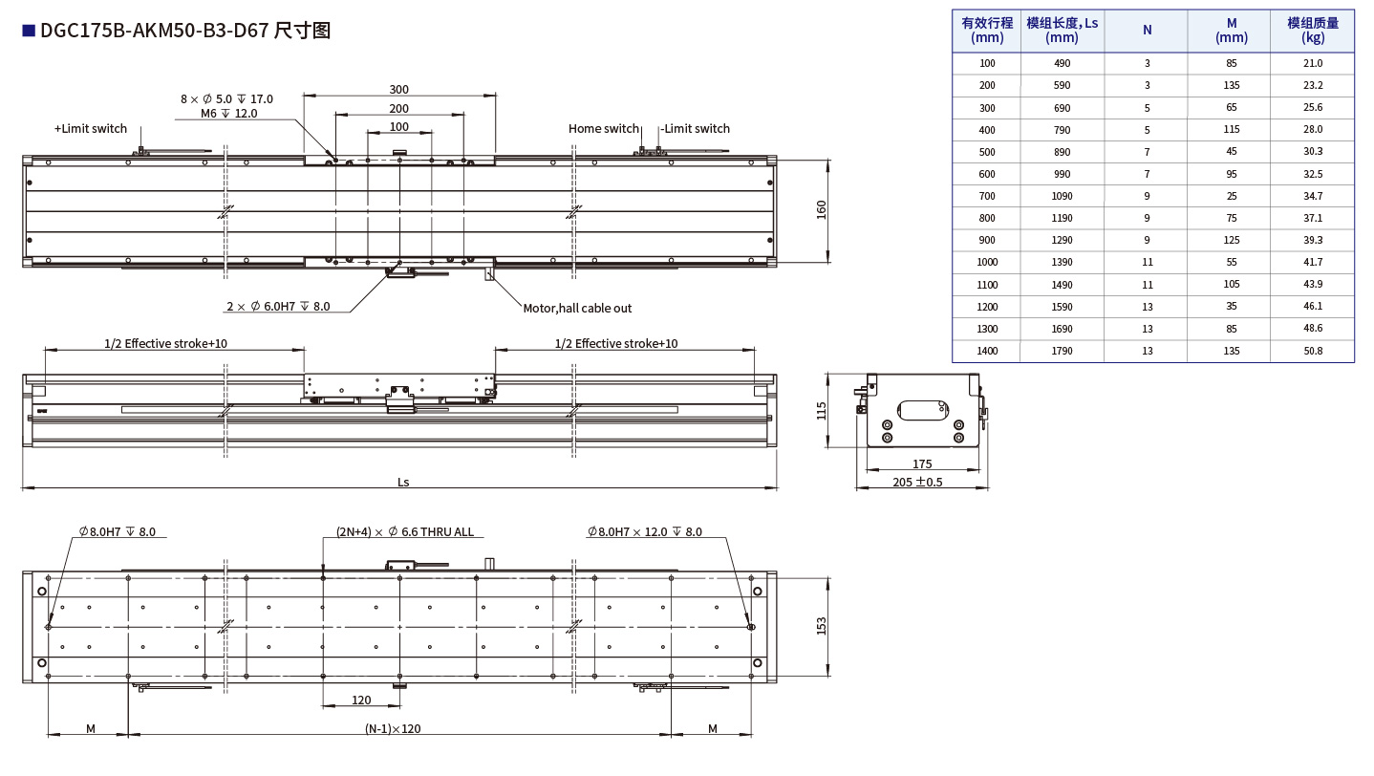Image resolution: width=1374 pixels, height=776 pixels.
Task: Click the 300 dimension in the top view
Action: (398, 89)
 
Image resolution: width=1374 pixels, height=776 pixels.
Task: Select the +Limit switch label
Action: (91, 129)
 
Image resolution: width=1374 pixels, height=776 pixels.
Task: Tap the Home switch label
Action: (603, 129)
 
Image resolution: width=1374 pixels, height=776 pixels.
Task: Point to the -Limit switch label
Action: (696, 129)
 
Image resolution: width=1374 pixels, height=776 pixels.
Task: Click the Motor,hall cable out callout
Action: (577, 308)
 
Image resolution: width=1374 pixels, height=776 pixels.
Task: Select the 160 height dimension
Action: (821, 210)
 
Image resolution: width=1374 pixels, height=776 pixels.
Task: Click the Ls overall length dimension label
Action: (403, 483)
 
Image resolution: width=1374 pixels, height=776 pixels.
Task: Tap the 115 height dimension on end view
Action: (821, 410)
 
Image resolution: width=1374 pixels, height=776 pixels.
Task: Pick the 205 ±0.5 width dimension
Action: (917, 483)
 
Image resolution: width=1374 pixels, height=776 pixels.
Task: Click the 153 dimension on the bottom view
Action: (821, 626)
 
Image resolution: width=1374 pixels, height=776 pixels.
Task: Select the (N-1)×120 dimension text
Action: (393, 729)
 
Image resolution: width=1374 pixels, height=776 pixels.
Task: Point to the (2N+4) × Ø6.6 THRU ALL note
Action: (404, 532)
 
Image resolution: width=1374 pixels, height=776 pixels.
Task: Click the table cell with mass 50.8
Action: (1312, 351)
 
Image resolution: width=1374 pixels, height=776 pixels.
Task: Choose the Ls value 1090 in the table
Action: (1062, 196)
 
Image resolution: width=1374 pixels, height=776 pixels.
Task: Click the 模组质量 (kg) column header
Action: (1312, 31)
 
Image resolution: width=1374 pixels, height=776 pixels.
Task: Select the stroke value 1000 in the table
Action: (986, 262)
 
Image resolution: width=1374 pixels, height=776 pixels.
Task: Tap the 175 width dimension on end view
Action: (922, 464)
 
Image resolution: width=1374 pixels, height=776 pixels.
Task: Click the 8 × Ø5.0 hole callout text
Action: (226, 98)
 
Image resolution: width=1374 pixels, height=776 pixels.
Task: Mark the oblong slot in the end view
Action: (921, 409)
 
